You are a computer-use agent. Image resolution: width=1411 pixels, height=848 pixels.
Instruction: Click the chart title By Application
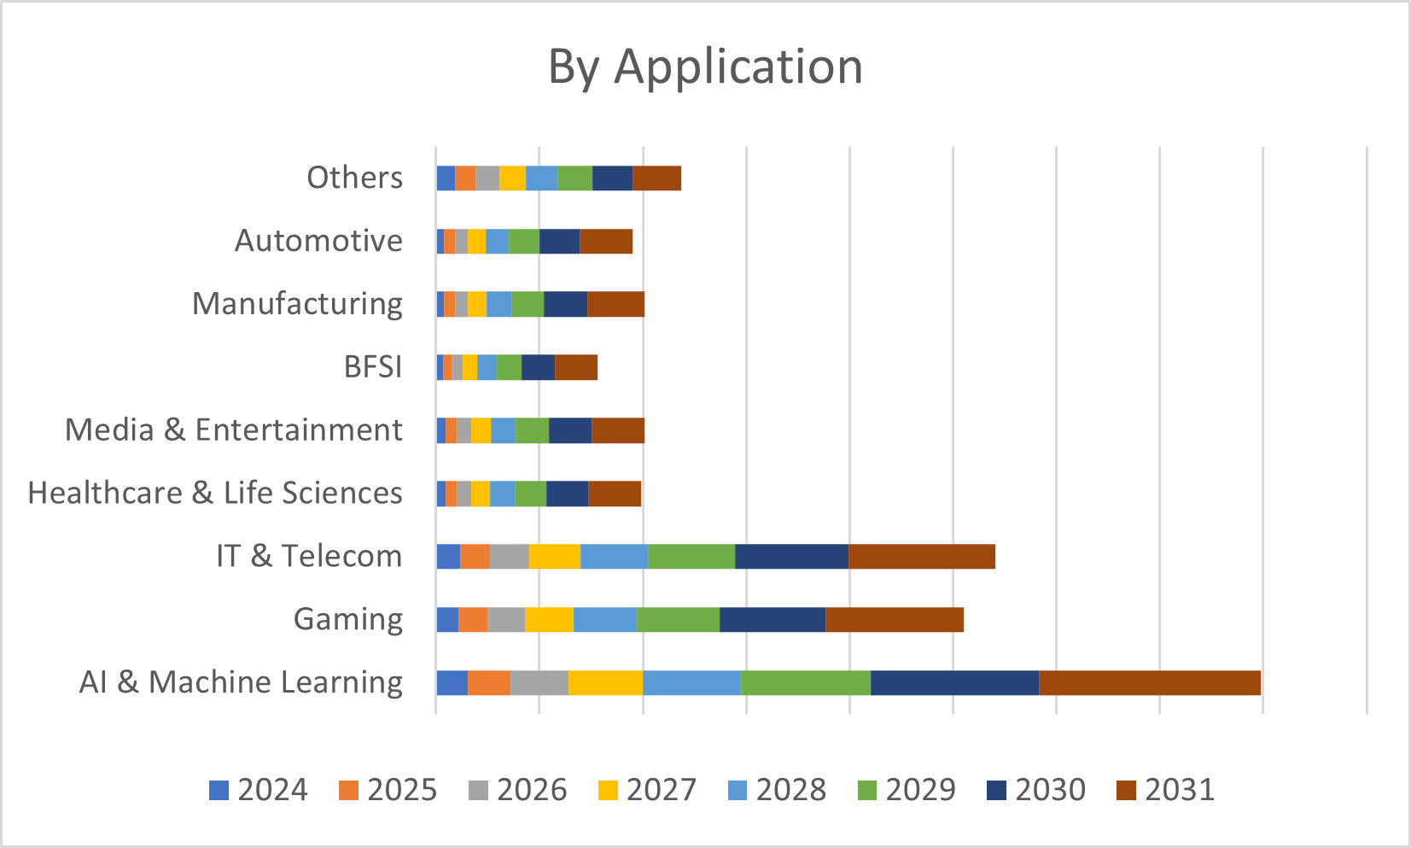point(705,67)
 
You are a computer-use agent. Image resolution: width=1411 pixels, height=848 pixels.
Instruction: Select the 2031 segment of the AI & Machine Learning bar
point(1150,683)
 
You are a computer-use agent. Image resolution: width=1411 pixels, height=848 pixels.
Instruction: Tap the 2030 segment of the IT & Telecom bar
point(792,556)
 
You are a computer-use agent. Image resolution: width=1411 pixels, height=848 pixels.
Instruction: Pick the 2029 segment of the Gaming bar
point(679,620)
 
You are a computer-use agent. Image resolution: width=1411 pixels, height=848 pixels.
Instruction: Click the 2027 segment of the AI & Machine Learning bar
point(605,683)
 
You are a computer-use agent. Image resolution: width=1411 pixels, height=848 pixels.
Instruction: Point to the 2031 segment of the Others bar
point(657,178)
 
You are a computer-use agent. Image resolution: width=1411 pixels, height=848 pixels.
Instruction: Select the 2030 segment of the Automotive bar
point(559,242)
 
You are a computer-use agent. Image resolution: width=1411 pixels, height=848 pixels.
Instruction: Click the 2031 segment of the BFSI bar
point(576,367)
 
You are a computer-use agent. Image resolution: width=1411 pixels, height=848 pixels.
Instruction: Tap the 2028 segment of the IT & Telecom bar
point(614,556)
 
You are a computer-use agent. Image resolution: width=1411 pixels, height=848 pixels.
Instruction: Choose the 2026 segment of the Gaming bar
point(506,620)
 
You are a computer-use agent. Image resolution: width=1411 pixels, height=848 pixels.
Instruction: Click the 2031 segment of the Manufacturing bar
point(616,304)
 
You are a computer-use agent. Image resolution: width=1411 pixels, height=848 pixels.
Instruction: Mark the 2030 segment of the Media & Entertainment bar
point(570,430)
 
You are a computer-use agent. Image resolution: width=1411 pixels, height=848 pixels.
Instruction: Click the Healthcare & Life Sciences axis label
point(215,493)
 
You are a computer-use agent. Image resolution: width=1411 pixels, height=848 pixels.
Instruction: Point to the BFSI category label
point(373,366)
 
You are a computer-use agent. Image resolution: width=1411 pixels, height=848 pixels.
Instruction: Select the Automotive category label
point(318,241)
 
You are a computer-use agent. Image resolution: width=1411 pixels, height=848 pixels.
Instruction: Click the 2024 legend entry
point(259,790)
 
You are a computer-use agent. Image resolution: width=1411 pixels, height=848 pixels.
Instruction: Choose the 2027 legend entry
point(648,790)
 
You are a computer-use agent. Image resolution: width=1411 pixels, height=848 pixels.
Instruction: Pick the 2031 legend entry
point(1165,790)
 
